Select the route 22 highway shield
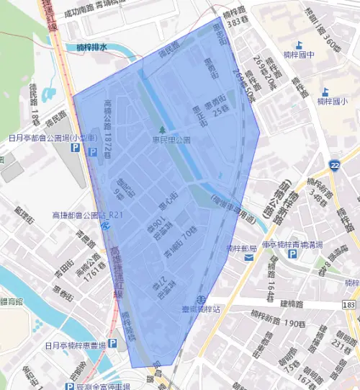(x=335, y=166)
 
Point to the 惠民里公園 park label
(x=171, y=140)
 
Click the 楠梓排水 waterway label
(x=91, y=48)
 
